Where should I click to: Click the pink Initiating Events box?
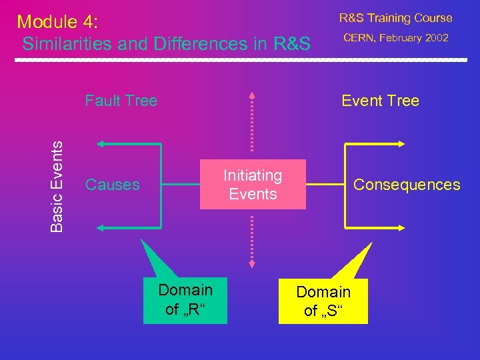[x=253, y=185]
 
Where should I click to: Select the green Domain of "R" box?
[x=185, y=299]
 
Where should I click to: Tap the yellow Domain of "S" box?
[x=323, y=301]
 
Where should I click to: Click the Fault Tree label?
[x=121, y=101]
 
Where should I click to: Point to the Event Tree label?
[x=380, y=101]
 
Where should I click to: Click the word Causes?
[x=113, y=185]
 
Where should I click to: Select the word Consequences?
[x=407, y=185]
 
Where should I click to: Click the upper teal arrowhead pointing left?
[x=101, y=143]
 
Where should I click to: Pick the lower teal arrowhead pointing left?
[x=101, y=228]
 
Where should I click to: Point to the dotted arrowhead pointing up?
[x=253, y=95]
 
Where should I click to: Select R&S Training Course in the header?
[x=395, y=18]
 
